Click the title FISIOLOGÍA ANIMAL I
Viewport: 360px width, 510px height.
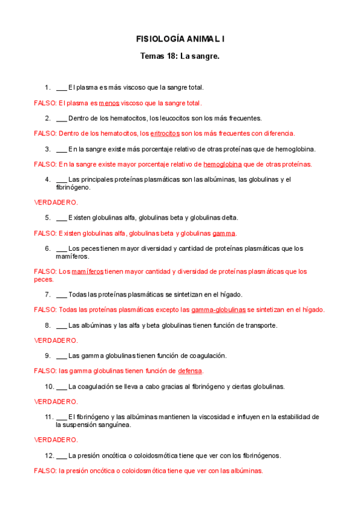click(180, 39)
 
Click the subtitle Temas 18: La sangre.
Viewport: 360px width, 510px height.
click(180, 57)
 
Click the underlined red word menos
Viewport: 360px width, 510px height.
click(109, 103)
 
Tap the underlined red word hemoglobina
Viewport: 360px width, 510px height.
click(222, 164)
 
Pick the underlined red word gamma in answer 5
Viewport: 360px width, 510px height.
click(224, 233)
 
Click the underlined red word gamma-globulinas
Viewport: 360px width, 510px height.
click(218, 310)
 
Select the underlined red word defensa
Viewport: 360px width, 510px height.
click(190, 370)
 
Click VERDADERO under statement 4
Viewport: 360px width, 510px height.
click(55, 203)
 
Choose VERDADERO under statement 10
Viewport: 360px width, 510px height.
click(55, 402)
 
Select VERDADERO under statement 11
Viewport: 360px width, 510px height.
click(55, 440)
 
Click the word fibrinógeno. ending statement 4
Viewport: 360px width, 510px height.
click(74, 188)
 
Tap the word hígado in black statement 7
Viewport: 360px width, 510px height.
click(230, 295)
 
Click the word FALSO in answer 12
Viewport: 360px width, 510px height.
click(44, 471)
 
